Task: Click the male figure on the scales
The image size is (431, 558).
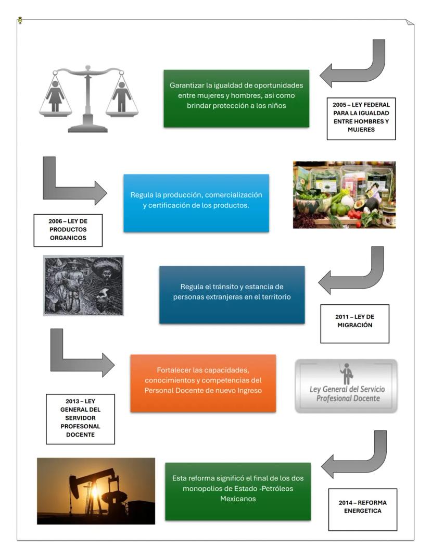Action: click(122, 96)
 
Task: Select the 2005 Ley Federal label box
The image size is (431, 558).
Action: click(361, 118)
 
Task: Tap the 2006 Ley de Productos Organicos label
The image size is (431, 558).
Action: click(68, 230)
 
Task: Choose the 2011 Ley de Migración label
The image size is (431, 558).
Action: click(354, 323)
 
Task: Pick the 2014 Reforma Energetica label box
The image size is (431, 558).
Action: click(362, 509)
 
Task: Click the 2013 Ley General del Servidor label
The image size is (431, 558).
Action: click(80, 418)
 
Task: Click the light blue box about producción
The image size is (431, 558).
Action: click(196, 203)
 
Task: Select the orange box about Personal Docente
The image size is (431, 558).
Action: click(203, 383)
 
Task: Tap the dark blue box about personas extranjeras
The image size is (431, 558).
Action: click(232, 294)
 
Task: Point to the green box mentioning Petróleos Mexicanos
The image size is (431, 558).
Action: click(238, 491)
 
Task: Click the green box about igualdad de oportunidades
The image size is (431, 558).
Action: click(236, 98)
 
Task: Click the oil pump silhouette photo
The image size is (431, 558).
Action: click(96, 490)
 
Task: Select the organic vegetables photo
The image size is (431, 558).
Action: click(344, 194)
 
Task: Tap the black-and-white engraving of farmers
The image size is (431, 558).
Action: click(83, 285)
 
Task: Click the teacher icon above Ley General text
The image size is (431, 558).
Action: click(346, 374)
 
